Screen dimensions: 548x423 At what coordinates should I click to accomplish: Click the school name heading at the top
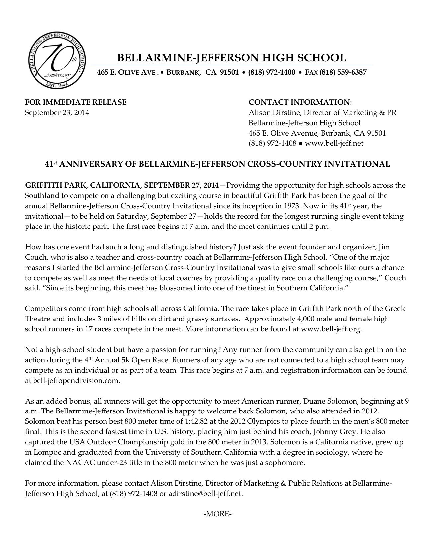pyautogui.click(x=232, y=58)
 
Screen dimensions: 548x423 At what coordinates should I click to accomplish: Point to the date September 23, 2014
pyautogui.click(x=57, y=112)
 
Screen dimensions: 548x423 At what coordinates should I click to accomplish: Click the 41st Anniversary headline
pyautogui.click(x=218, y=164)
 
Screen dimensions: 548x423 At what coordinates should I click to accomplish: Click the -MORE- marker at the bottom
pyautogui.click(x=217, y=514)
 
